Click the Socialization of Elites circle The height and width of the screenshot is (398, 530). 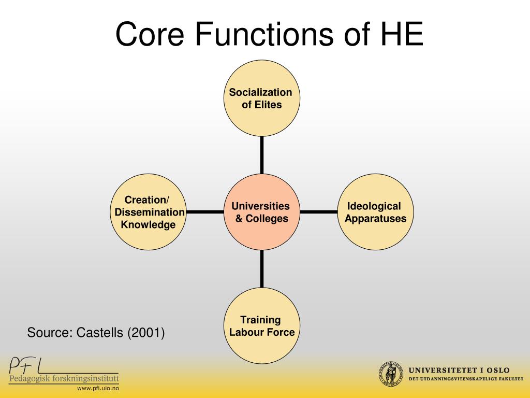tap(261, 98)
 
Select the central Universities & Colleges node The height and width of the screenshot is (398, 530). tap(261, 212)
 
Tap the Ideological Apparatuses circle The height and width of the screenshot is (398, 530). tap(375, 212)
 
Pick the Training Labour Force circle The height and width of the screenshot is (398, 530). tap(261, 326)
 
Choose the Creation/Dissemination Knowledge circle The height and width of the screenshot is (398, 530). tap(148, 212)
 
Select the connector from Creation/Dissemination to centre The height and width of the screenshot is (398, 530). tap(205, 212)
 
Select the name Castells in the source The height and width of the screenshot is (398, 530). tap(100, 332)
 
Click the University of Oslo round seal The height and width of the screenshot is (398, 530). tap(391, 374)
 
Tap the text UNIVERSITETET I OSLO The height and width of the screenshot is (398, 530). tap(459, 370)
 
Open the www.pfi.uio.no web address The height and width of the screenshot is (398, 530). tap(98, 388)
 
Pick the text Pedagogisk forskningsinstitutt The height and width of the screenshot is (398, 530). tap(64, 379)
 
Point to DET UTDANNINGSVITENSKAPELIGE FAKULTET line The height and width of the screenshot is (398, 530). tap(466, 379)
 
